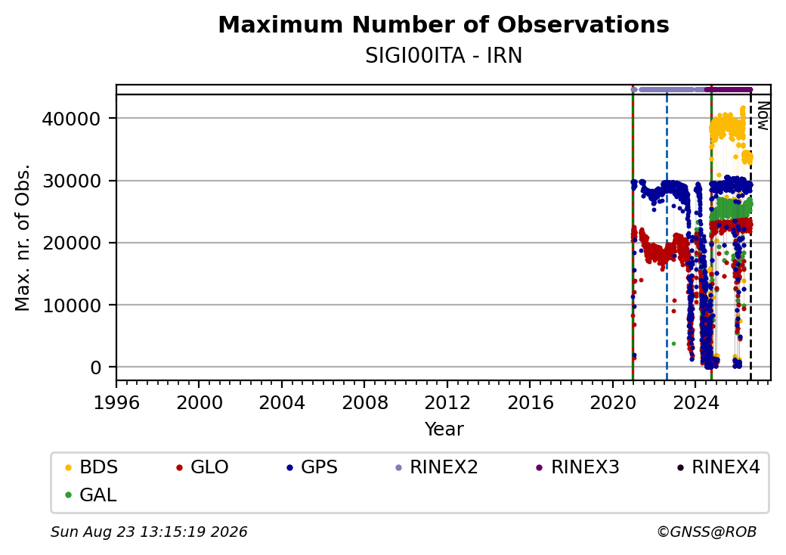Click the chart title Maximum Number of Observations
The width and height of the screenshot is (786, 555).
coord(444,24)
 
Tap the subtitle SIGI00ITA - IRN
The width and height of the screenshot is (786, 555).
coord(444,56)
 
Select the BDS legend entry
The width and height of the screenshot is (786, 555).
coord(91,467)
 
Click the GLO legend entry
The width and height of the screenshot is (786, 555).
coord(203,467)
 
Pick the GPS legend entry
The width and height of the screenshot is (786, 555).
coord(312,467)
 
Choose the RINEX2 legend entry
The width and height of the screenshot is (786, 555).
coord(437,467)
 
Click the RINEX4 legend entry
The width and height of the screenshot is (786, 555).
coord(718,467)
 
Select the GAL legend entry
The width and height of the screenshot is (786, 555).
coord(91,495)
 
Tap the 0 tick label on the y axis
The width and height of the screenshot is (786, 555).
coord(96,368)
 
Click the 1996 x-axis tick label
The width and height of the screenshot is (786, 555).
coord(116,402)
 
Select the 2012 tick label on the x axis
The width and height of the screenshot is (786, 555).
coord(447,402)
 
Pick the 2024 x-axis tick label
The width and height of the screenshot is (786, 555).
coord(695,402)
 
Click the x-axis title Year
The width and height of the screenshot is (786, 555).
coord(444,429)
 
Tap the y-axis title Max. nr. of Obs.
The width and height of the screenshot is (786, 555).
coord(23,237)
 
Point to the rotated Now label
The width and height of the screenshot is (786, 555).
coord(763,116)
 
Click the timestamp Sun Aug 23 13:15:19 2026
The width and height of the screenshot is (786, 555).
coord(149,532)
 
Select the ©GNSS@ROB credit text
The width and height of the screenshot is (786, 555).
coord(707,532)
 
